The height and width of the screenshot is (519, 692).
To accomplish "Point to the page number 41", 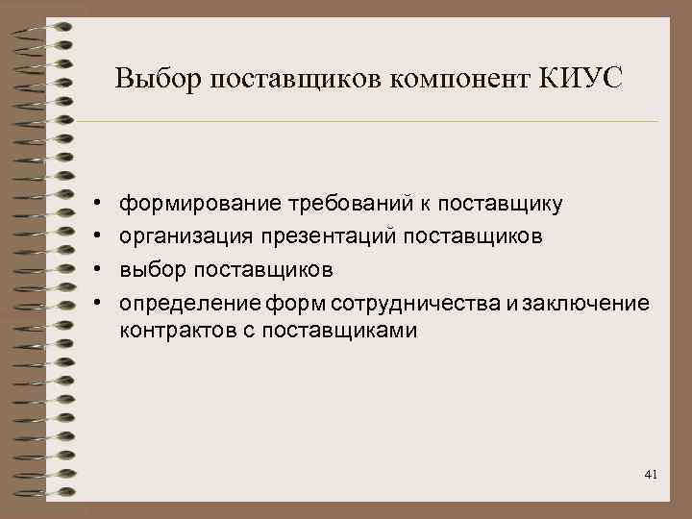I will click(651, 475).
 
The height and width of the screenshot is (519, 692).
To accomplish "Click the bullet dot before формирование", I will click(98, 205).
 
